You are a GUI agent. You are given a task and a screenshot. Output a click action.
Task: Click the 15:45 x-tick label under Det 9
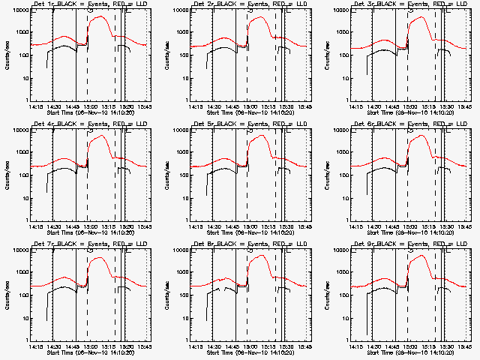[x=463, y=347]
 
